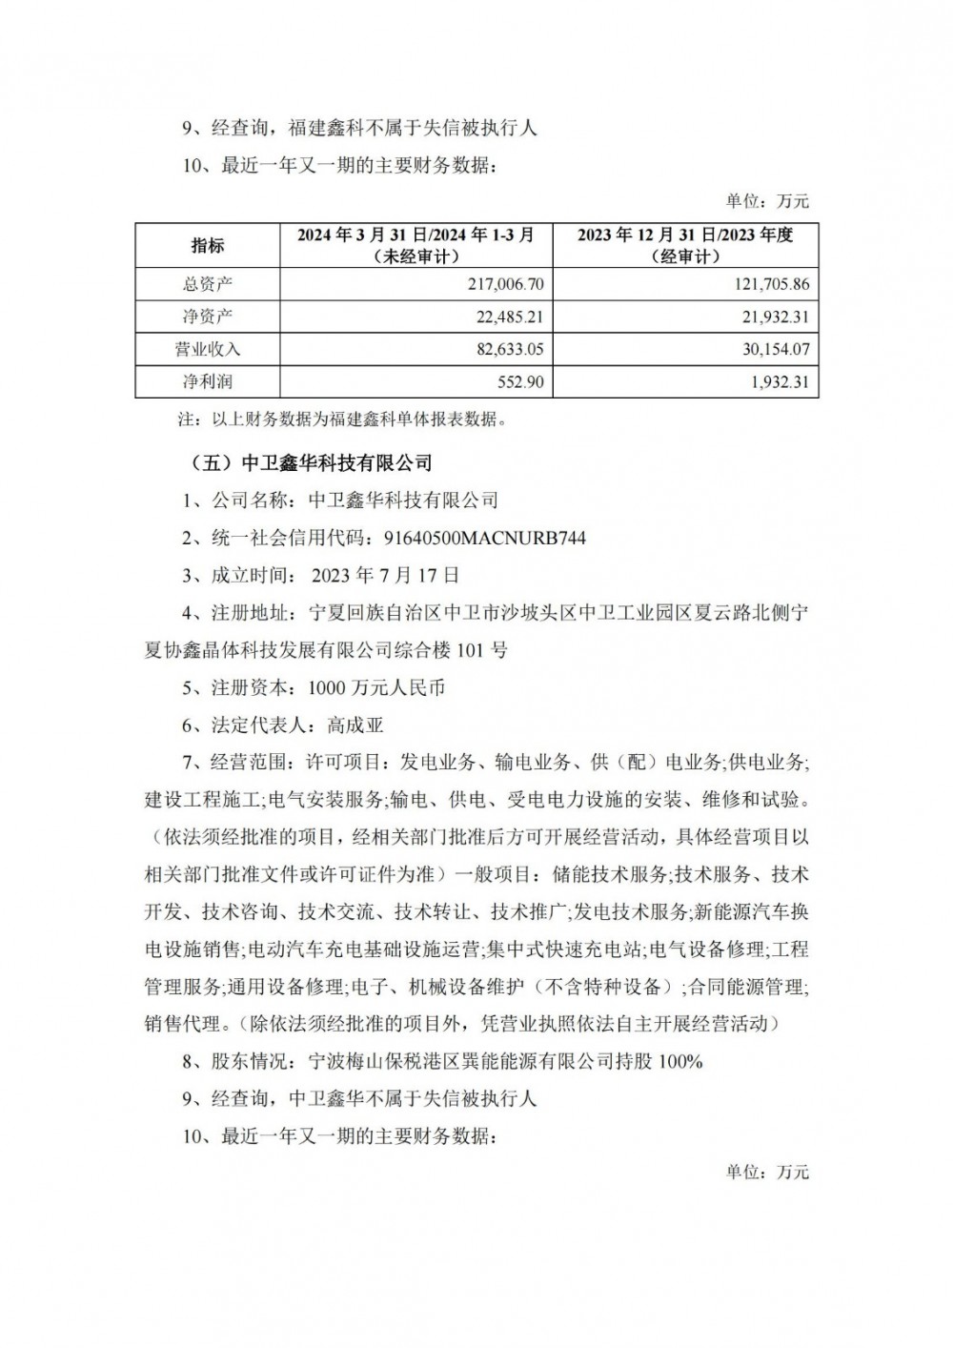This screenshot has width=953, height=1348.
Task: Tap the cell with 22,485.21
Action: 504,317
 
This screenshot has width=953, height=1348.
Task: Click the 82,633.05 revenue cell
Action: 504,349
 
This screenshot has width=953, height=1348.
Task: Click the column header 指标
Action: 207,245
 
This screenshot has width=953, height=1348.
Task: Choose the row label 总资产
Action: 207,284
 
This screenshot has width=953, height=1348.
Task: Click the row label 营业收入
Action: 207,349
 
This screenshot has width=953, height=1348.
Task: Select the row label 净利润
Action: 207,381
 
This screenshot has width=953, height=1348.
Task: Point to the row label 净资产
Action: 207,317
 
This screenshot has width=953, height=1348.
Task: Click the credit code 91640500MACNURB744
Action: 484,539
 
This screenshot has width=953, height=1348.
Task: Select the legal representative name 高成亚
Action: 355,725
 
